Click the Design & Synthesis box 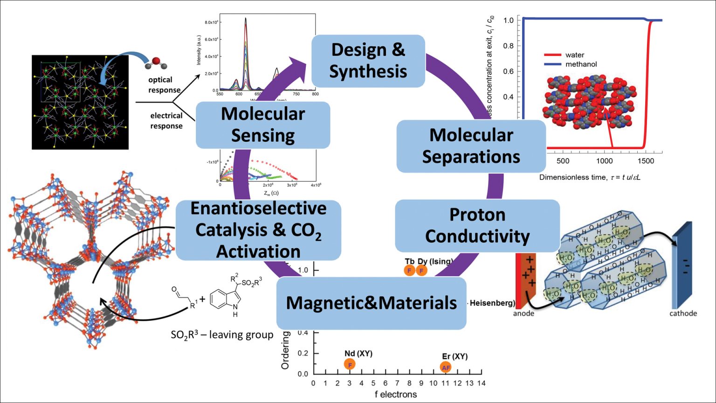(368, 61)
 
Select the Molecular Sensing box (263, 125)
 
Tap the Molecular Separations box (471, 146)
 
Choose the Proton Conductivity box (477, 226)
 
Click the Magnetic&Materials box (371, 303)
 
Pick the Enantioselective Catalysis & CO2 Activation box (258, 229)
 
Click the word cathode (683, 313)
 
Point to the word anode (523, 313)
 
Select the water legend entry (574, 55)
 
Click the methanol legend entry (581, 64)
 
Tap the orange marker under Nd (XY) (350, 364)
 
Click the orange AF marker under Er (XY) (446, 367)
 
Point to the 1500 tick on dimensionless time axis (646, 161)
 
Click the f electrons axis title (396, 395)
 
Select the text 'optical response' (164, 85)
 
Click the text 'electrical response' (166, 120)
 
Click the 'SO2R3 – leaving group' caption (222, 335)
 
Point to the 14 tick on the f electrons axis (482, 383)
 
